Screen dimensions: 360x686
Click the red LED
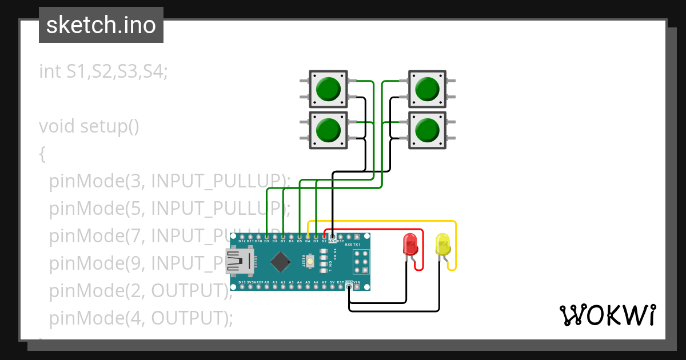[x=410, y=244]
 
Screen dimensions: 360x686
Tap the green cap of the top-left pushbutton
[x=328, y=89]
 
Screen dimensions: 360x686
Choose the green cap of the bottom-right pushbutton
[x=426, y=130]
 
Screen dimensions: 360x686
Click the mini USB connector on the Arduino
[x=240, y=262]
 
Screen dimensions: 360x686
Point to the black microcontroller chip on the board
[x=280, y=262]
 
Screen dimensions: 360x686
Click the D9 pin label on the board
[x=267, y=241]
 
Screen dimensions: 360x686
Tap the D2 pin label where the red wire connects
[x=324, y=241]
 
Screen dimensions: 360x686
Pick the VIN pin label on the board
[x=357, y=282]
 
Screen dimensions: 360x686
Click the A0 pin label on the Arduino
[x=267, y=282]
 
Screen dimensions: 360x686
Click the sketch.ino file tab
[x=101, y=25]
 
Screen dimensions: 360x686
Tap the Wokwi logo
[x=607, y=315]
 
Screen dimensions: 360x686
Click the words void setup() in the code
[x=89, y=126]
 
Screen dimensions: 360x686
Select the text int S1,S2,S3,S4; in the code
[x=103, y=71]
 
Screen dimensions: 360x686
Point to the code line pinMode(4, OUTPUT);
[x=141, y=318]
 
